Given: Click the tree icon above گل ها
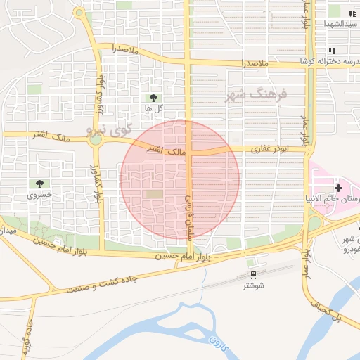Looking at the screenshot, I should pos(153,97).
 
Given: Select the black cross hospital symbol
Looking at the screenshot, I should pos(339,188).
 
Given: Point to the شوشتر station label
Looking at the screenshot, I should pos(253,285).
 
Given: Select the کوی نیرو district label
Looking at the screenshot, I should pos(109,129).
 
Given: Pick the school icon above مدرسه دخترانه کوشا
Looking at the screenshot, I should pos(331,51).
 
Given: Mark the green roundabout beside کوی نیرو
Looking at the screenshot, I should pos(96,139).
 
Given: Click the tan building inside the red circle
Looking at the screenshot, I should pos(153,193).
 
